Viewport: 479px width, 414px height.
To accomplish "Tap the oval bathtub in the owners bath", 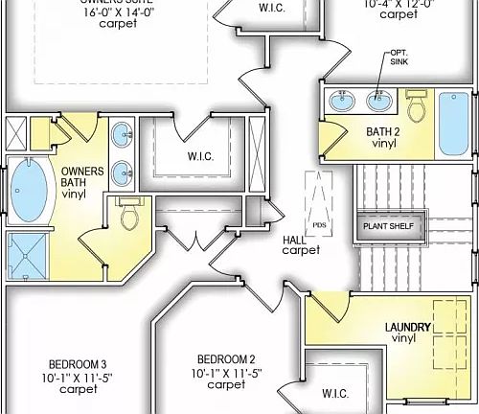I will (29, 191).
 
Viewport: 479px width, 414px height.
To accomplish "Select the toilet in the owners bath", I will (129, 214).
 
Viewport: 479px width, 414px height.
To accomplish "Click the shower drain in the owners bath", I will (28, 258).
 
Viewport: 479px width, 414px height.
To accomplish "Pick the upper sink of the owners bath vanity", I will (123, 136).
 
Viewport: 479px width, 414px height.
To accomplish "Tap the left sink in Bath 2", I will (343, 101).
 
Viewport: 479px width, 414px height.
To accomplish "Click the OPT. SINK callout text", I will (399, 57).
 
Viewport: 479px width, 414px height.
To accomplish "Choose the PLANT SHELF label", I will (392, 226).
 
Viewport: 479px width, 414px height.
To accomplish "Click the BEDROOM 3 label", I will (77, 364).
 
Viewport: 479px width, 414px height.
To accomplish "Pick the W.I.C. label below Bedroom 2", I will (335, 393).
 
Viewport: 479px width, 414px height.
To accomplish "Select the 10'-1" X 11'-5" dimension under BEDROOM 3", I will (77, 378).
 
